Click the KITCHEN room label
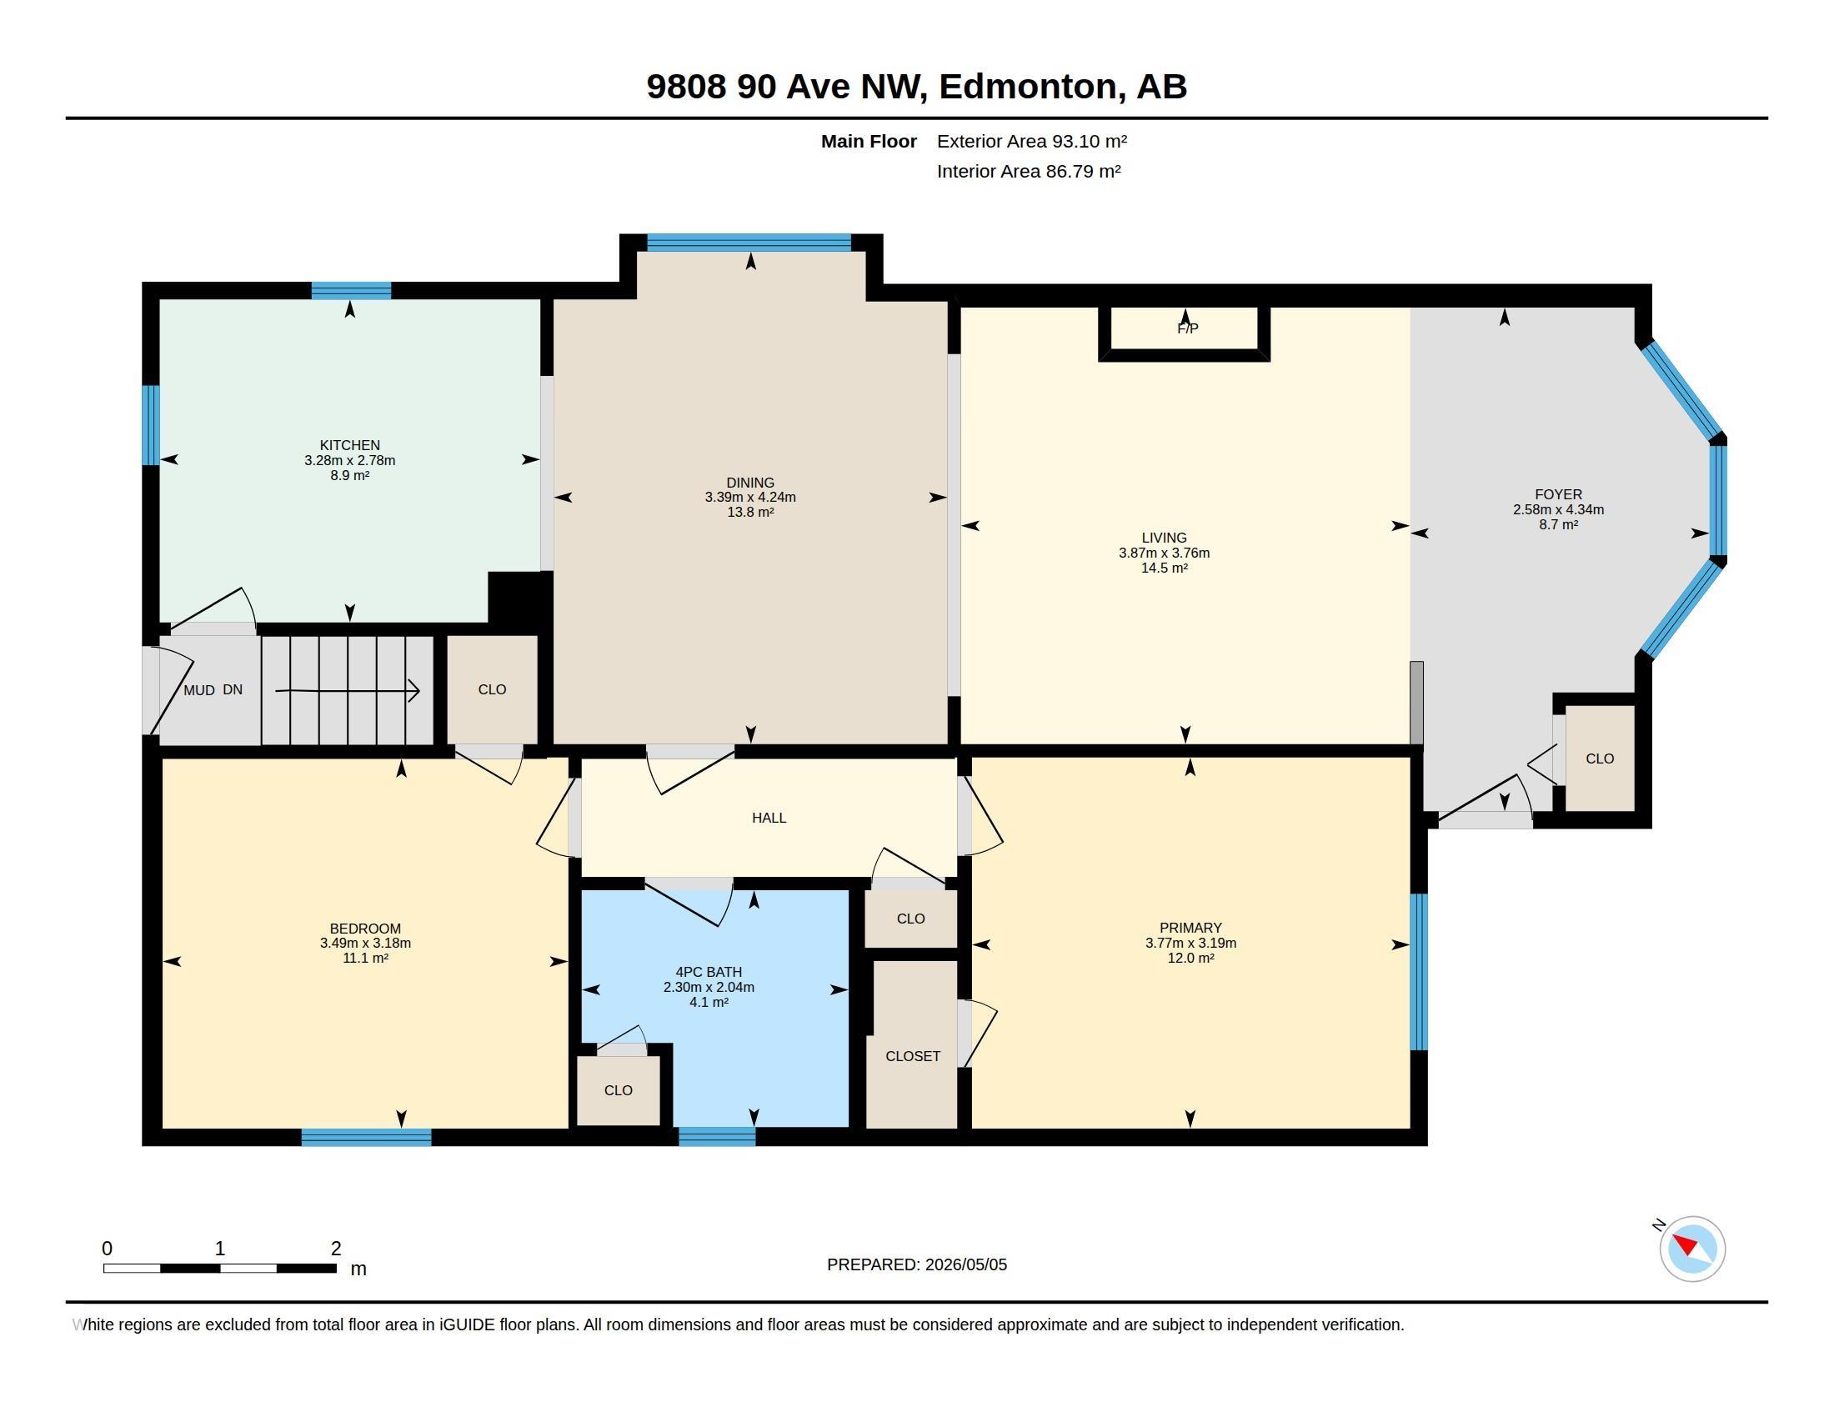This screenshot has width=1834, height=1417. point(349,445)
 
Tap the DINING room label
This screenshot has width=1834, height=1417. point(750,483)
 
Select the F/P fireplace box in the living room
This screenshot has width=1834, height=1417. point(1184,333)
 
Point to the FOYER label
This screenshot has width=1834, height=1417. point(1558,494)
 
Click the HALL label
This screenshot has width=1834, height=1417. point(769,818)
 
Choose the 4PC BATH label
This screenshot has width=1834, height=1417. point(709,972)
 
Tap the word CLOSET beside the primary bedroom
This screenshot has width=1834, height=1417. point(913,1056)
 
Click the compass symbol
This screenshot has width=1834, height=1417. point(1691,1249)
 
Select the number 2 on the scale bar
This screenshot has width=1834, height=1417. point(336,1249)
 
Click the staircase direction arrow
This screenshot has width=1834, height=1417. point(348,690)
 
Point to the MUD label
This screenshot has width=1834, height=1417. point(199,690)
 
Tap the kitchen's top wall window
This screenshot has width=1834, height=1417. point(351,290)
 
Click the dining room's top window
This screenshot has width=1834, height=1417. point(749,243)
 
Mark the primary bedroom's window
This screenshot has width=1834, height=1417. point(1418,972)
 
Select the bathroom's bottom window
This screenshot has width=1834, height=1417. point(717,1137)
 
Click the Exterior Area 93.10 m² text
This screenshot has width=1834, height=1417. point(1032,141)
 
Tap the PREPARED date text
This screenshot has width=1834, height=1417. point(917,1264)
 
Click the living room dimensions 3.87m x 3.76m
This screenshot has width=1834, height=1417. point(1164,553)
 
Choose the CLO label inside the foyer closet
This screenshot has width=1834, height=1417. point(1600,759)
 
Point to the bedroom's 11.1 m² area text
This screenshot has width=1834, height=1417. point(365,958)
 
